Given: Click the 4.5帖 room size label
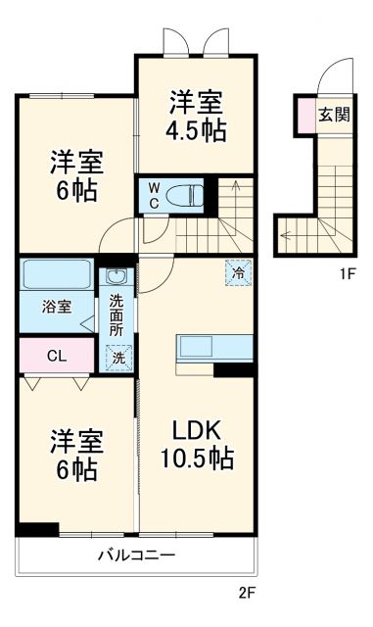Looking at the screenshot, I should [x=198, y=129].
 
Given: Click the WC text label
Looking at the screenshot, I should [x=155, y=193].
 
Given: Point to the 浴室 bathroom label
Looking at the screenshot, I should [x=56, y=307].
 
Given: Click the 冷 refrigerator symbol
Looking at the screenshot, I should [x=238, y=271].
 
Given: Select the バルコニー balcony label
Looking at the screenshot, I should [x=136, y=555].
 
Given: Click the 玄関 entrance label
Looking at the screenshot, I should [x=333, y=114].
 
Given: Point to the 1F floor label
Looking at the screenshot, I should [x=347, y=273].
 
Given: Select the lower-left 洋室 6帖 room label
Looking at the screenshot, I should [x=75, y=456].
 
